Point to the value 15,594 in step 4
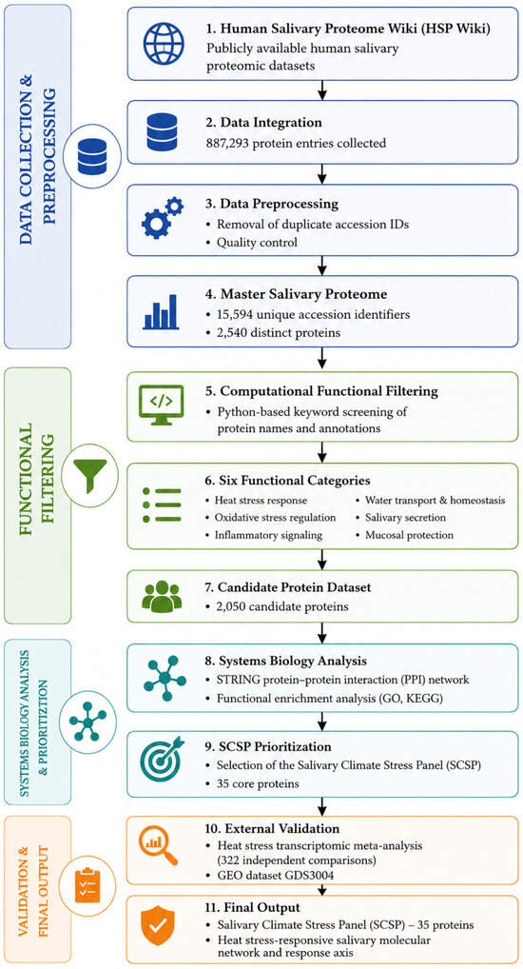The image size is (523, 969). [x=234, y=314]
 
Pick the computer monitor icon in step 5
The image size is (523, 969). [x=161, y=405]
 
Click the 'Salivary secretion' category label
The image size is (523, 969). [x=406, y=517]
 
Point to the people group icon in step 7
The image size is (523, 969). [x=162, y=596]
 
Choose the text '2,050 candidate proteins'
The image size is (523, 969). [x=281, y=606]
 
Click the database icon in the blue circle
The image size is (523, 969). [x=92, y=156]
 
